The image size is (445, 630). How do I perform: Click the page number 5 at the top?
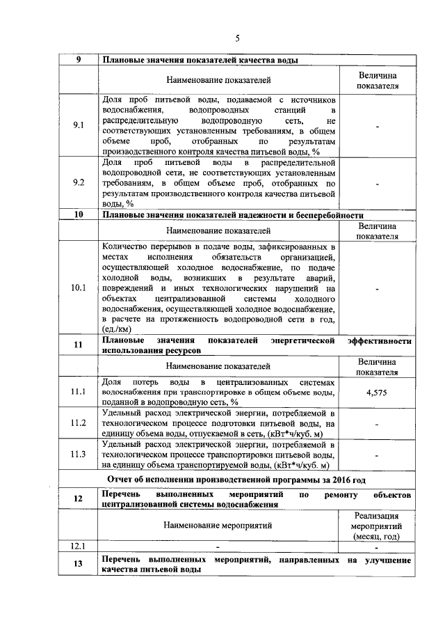click(x=236, y=38)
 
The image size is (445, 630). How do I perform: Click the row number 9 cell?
click(x=79, y=61)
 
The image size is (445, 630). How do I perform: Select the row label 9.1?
click(x=79, y=125)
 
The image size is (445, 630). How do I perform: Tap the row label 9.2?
click(x=79, y=183)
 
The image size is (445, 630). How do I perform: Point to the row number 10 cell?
click(x=79, y=214)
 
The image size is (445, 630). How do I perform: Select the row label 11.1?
click(x=79, y=393)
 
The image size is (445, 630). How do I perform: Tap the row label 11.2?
click(x=79, y=423)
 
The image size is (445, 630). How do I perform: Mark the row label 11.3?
click(x=79, y=455)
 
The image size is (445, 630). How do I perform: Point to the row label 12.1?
click(x=79, y=546)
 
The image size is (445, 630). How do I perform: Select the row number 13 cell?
click(x=79, y=565)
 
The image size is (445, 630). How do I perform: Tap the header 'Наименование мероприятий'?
click(x=218, y=526)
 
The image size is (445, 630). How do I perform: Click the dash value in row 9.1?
click(x=378, y=126)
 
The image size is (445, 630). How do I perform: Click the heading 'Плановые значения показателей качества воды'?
click(x=201, y=61)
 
